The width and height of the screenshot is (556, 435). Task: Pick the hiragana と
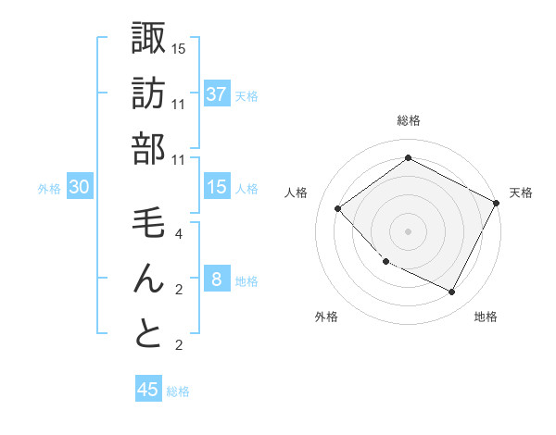click(149, 334)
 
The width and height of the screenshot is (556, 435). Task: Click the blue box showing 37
click(217, 94)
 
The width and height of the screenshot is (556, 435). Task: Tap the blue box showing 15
click(217, 188)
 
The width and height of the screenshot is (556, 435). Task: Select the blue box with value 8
click(217, 280)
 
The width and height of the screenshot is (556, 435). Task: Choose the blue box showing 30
click(80, 188)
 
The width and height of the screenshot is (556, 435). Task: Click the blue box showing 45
click(148, 390)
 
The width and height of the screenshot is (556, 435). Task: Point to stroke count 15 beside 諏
click(179, 48)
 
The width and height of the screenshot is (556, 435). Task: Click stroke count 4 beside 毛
click(179, 234)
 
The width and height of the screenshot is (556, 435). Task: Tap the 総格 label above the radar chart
click(409, 120)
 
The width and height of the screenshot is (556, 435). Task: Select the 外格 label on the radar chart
click(326, 317)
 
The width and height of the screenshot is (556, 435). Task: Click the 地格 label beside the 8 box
click(247, 281)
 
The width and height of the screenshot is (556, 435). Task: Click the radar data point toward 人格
click(338, 209)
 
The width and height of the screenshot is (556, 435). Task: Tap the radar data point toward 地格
click(451, 292)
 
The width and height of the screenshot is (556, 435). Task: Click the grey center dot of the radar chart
click(408, 230)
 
